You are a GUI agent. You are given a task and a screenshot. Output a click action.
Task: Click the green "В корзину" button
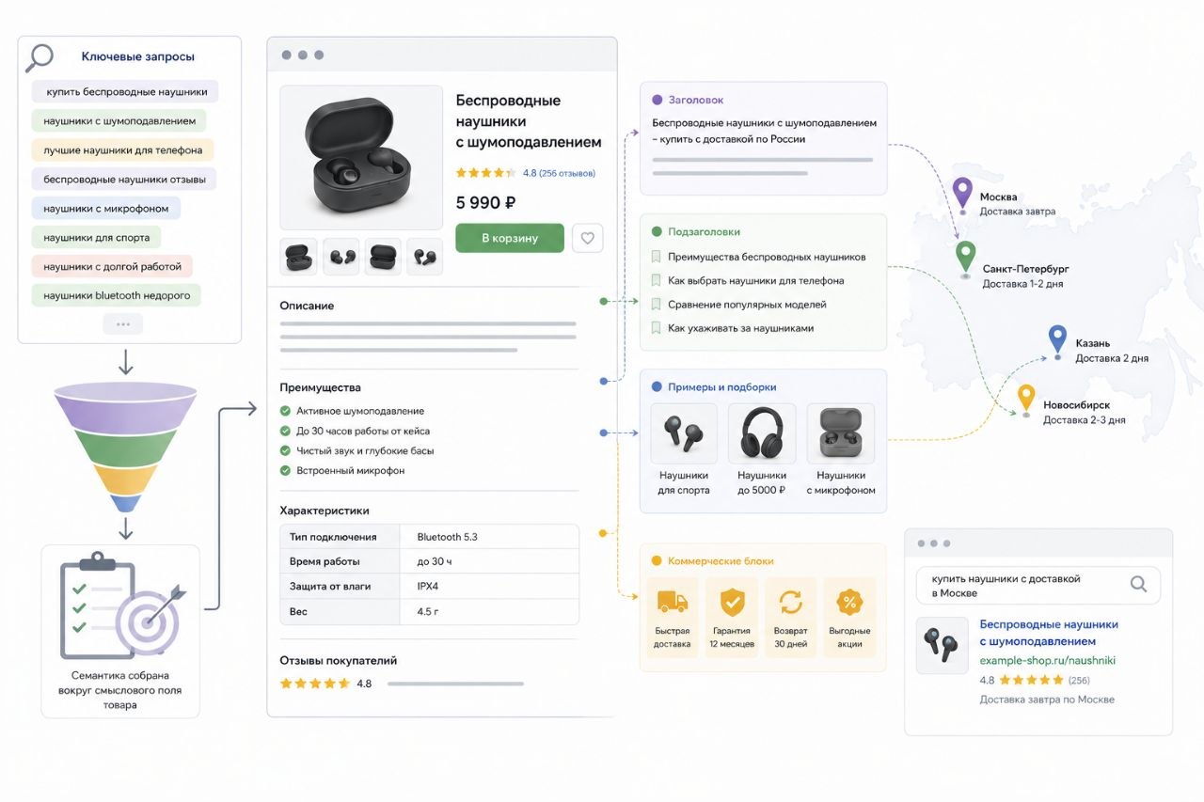510,238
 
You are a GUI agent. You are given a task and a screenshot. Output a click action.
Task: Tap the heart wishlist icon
588,238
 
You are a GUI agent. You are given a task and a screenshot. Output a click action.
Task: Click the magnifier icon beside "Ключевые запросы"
40,57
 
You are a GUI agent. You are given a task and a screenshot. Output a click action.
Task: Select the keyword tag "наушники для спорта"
96,238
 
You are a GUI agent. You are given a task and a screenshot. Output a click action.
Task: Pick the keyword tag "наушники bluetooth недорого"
116,295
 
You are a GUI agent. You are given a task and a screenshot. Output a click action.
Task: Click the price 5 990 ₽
486,202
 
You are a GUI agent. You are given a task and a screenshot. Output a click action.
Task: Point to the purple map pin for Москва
962,194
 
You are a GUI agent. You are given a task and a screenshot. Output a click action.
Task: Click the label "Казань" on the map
1093,343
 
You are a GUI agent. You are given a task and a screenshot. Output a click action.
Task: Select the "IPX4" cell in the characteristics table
428,586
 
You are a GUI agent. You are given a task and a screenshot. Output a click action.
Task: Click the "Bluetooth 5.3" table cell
447,537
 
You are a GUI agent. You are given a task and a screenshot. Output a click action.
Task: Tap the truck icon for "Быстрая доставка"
672,602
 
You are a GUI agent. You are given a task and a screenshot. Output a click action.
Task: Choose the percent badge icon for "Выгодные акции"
849,602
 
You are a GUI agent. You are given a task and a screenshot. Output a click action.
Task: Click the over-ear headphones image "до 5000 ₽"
762,432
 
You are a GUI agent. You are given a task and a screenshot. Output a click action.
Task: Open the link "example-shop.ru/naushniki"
1047,660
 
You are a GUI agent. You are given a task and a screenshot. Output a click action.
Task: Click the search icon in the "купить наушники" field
1138,584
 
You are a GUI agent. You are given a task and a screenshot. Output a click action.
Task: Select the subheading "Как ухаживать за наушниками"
740,328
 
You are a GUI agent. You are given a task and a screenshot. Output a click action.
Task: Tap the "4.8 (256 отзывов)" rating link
559,173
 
